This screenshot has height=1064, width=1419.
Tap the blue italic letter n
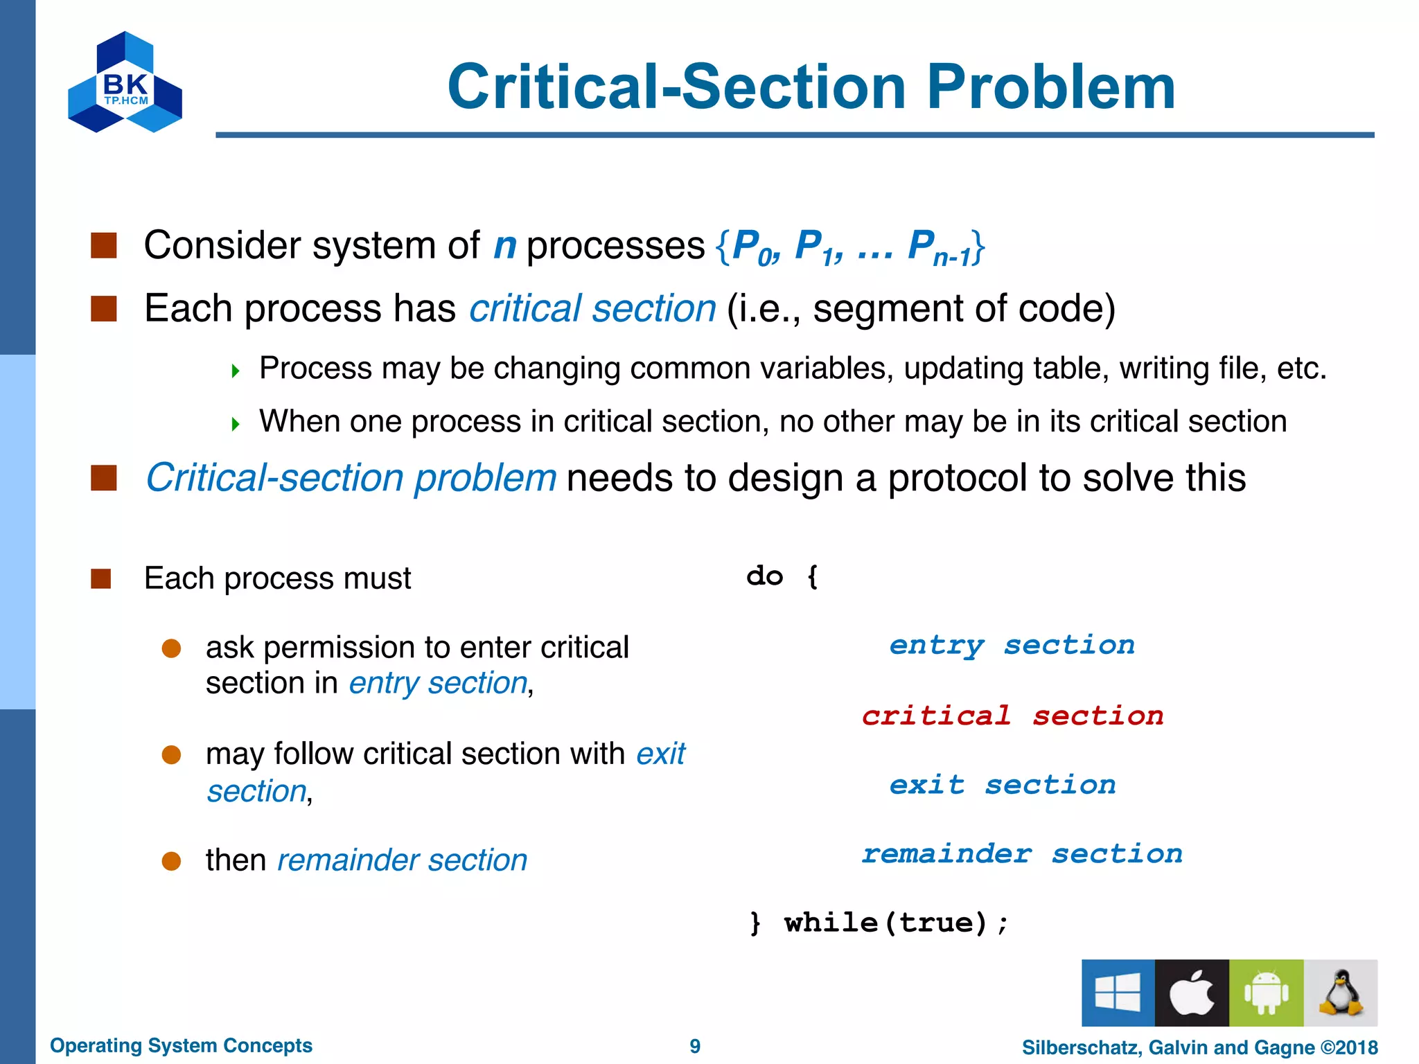504,246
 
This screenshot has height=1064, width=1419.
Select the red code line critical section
1012,716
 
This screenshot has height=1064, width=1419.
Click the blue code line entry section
1012,646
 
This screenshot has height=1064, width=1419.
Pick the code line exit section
1003,785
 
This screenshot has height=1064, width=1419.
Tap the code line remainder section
1022,853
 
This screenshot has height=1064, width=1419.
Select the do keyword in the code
765,576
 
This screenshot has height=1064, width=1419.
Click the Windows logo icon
1118,993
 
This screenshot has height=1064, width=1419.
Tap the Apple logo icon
1192,993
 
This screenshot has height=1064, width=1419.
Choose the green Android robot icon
1266,993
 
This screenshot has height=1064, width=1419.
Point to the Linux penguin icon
1341,993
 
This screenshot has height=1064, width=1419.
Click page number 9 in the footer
695,1046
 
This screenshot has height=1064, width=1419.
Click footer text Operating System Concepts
181,1045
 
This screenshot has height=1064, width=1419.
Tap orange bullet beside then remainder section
171,861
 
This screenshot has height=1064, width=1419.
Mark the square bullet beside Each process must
101,578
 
